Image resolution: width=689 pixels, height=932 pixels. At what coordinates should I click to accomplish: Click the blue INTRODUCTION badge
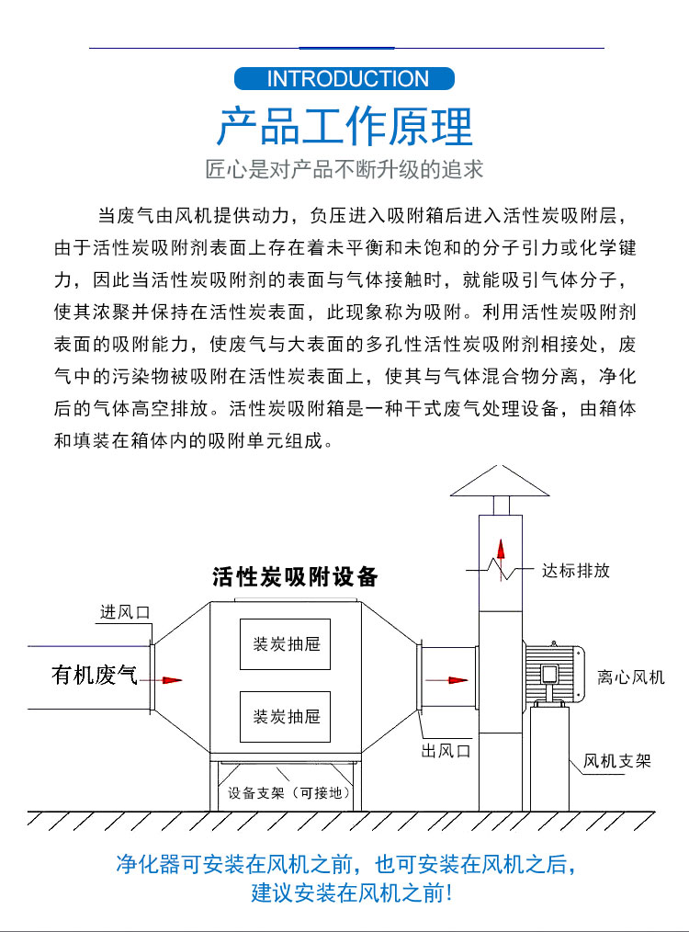(344, 78)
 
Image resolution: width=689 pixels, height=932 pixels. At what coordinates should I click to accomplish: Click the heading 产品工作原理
(344, 126)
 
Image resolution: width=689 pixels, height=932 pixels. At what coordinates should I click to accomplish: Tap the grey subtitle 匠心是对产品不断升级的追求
(344, 170)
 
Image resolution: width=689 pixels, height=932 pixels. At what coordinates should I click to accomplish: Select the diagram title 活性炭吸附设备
(295, 577)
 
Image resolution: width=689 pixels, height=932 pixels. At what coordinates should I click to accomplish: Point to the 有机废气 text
(94, 677)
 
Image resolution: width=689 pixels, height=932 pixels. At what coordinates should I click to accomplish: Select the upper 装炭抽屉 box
(285, 643)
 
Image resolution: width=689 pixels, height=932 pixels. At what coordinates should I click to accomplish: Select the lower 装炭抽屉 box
(285, 716)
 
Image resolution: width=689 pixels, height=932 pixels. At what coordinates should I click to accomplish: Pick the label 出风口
(446, 751)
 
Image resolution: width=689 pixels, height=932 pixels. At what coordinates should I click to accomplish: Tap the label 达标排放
(576, 571)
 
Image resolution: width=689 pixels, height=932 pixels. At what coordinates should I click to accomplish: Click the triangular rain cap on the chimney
(501, 482)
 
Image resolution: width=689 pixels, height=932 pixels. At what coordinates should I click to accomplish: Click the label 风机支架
(618, 761)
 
